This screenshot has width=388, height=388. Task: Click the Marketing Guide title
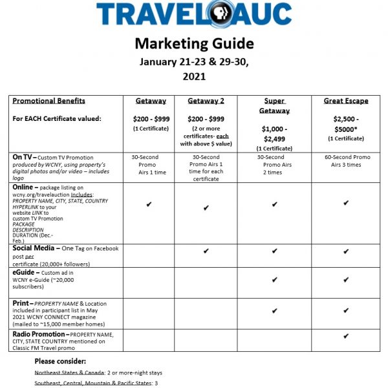tap(194, 43)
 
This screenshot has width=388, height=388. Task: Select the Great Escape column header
tap(346, 101)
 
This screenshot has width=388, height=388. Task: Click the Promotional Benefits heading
tap(49, 101)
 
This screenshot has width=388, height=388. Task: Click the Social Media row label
tap(37, 249)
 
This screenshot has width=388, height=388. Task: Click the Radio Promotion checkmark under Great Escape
tap(346, 336)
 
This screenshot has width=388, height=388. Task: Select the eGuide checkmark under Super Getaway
tap(275, 280)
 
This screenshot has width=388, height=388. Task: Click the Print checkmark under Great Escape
tap(346, 311)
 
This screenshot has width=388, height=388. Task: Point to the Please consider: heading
tap(60, 361)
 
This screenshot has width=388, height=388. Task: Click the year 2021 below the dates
tap(193, 76)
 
